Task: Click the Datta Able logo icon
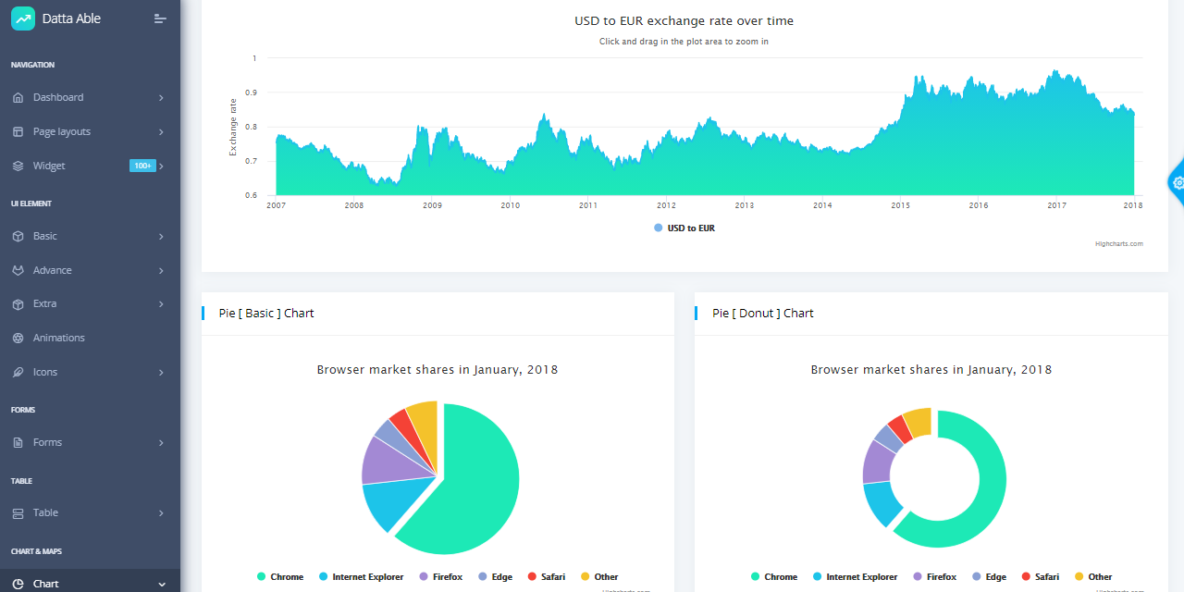click(x=22, y=18)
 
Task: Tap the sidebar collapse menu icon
click(x=160, y=18)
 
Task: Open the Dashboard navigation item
click(x=58, y=97)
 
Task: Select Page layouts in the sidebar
click(x=62, y=131)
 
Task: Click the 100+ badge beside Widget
click(x=142, y=166)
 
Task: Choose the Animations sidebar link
click(x=58, y=338)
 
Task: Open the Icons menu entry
click(x=45, y=372)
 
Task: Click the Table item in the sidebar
click(x=45, y=512)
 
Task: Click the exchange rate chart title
click(x=684, y=20)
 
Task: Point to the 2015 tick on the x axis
click(x=900, y=205)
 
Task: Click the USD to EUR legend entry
click(x=690, y=228)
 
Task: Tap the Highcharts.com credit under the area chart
click(x=1118, y=244)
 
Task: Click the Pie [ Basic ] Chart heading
click(x=266, y=313)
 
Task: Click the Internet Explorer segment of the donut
click(x=881, y=501)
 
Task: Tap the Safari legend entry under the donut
click(x=1046, y=576)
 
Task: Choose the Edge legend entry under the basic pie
click(x=501, y=576)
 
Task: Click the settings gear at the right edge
click(x=1178, y=182)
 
